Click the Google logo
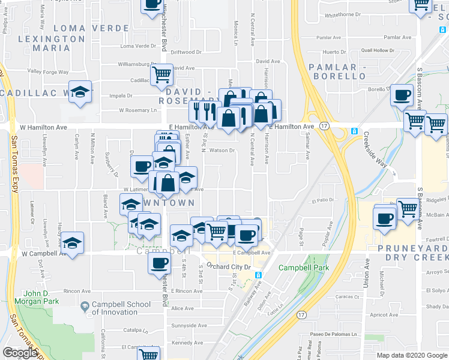20,353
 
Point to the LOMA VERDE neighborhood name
91,28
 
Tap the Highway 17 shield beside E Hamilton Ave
324,126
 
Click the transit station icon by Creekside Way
355,131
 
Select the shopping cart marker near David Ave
161,74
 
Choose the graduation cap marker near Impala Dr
80,92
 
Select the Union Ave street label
366,276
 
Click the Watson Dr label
222,150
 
